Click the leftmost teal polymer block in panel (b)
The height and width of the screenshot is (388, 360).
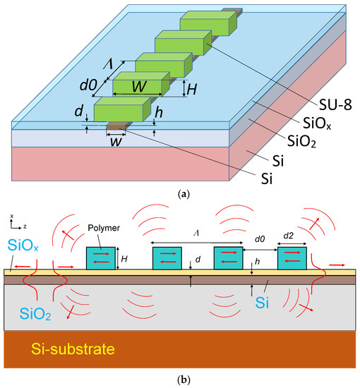100,258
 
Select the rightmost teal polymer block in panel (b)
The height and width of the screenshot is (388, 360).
292,258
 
